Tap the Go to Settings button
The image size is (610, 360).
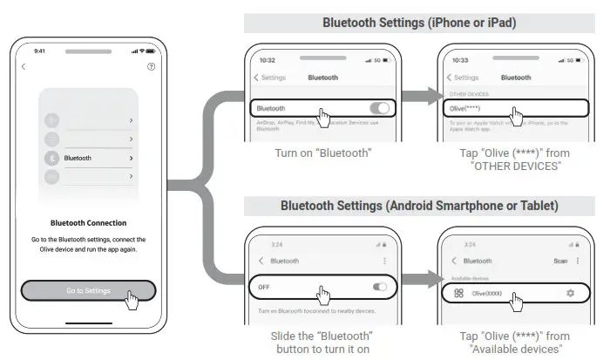(88, 290)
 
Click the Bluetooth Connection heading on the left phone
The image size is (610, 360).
(88, 222)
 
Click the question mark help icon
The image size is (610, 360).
(152, 66)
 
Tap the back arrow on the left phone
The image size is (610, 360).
(24, 66)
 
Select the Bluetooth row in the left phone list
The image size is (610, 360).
(88, 159)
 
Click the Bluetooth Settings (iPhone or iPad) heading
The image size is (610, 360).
(419, 24)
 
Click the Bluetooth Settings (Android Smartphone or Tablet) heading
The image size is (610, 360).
(419, 206)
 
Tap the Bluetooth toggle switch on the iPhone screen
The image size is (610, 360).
(379, 108)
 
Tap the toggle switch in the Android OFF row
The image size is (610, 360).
(379, 286)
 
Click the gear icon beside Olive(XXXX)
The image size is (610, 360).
(570, 293)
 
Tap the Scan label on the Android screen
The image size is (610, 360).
(560, 261)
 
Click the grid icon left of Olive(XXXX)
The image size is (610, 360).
(458, 293)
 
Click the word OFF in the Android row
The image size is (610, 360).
(264, 286)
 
